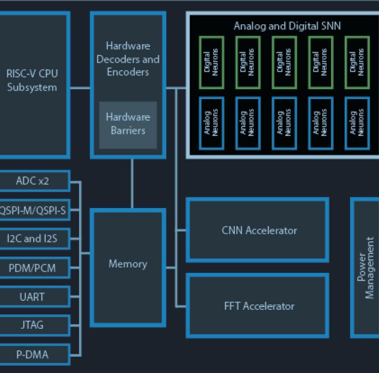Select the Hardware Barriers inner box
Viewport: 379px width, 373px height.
pos(128,124)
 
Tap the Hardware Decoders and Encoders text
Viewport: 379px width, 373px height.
pos(128,59)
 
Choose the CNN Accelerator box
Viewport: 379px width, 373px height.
pos(257,230)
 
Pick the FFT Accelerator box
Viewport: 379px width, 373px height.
pos(257,306)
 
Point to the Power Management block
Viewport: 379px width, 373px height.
pos(365,268)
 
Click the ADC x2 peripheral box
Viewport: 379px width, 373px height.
pos(33,181)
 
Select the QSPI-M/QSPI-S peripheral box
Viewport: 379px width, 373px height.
pos(33,210)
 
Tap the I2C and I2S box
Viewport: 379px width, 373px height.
pos(33,239)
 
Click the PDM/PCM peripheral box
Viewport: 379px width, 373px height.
pos(33,268)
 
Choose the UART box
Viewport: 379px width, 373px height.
pos(33,297)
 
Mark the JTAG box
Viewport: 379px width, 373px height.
pos(33,325)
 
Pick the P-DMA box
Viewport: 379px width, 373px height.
pos(33,354)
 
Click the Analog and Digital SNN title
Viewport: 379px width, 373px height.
pos(287,26)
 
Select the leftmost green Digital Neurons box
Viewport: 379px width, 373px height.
pos(212,62)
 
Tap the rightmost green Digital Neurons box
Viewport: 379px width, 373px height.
pos(357,62)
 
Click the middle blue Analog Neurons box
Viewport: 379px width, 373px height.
pos(284,123)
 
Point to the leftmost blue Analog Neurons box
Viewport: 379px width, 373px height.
pos(212,123)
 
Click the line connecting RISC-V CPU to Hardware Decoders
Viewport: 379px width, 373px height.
pos(81,88)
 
